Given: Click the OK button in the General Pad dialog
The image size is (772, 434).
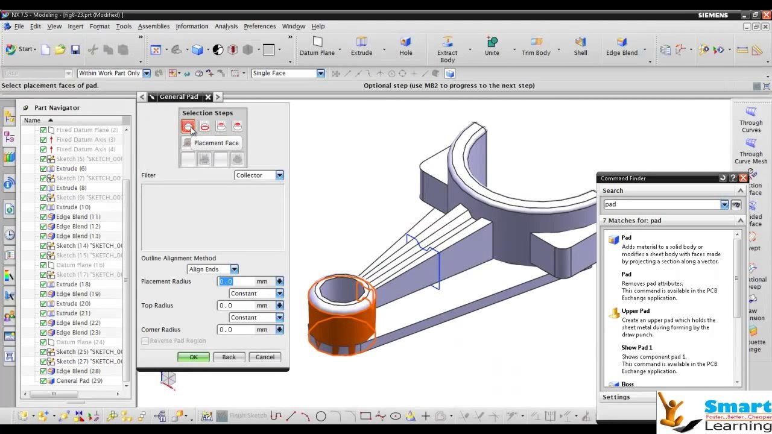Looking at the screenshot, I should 193,357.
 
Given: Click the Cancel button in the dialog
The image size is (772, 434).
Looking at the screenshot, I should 264,357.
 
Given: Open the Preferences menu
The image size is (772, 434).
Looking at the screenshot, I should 259,27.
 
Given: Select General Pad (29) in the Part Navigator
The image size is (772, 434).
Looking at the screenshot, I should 79,381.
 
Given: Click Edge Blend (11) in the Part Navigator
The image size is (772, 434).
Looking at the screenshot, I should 78,217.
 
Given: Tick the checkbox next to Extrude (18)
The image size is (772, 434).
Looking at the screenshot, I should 43,285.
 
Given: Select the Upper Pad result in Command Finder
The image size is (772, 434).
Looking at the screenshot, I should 635,311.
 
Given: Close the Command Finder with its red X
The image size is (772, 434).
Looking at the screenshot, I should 743,178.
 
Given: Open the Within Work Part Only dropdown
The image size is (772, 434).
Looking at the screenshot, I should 146,74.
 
